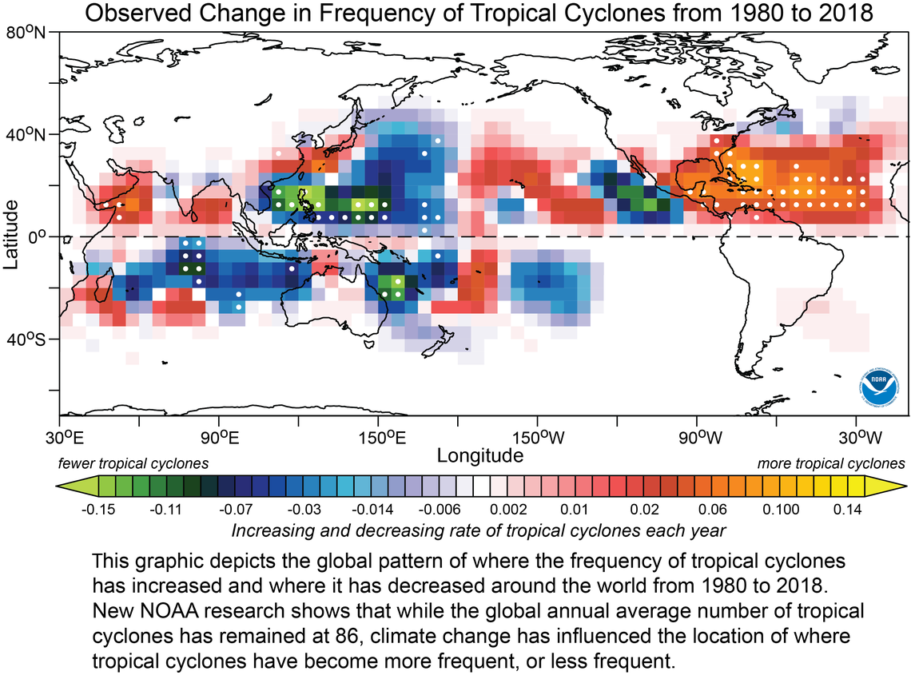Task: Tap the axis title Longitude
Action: pos(480,455)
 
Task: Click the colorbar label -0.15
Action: pos(98,508)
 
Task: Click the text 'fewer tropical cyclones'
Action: pos(133,463)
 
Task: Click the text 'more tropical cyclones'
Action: pos(830,463)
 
